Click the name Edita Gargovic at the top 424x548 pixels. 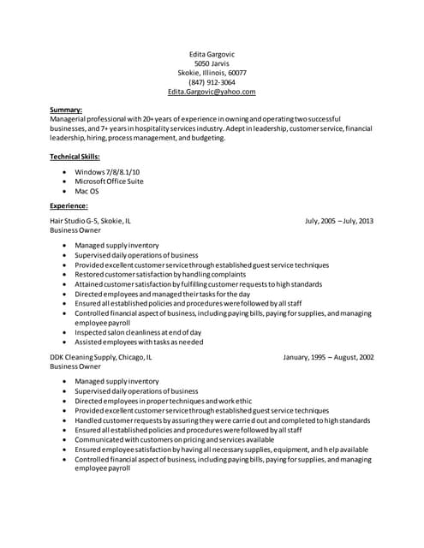coord(212,53)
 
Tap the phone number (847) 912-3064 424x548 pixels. coord(212,82)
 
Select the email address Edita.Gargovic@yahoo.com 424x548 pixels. coord(212,92)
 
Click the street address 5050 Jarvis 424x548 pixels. coord(212,63)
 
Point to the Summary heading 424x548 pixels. coord(66,110)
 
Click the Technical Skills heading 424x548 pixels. coord(75,157)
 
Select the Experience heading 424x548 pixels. coord(69,206)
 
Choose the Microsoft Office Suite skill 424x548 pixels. coord(109,182)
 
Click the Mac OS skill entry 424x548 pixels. coord(87,191)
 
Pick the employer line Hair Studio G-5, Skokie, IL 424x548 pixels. coord(91,221)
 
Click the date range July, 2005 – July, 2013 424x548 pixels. coord(339,221)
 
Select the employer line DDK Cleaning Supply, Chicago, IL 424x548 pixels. coord(101,357)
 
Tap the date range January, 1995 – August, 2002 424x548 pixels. coord(328,357)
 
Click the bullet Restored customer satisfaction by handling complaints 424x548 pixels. coord(154,274)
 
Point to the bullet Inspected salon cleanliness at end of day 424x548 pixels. coord(138,332)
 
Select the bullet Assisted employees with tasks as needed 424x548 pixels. coord(139,342)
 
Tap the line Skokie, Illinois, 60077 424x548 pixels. coord(212,73)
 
